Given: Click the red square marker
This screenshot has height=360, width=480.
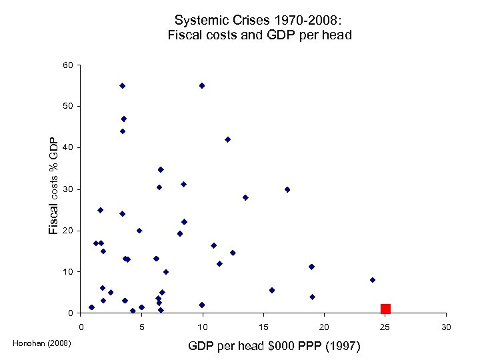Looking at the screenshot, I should pyautogui.click(x=385, y=309).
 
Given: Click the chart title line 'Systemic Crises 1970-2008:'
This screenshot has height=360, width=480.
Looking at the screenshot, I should pyautogui.click(x=259, y=20).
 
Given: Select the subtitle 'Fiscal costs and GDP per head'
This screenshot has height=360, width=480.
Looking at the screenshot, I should pyautogui.click(x=259, y=35).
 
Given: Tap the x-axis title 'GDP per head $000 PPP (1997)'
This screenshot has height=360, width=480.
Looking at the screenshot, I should pyautogui.click(x=274, y=346).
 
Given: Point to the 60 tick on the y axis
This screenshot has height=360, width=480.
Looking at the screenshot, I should pyautogui.click(x=69, y=65).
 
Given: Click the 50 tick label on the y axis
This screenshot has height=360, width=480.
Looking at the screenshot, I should pyautogui.click(x=69, y=106).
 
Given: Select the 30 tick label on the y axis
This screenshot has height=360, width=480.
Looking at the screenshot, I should pyautogui.click(x=69, y=190).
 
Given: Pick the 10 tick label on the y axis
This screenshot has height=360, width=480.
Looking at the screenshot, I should pyautogui.click(x=69, y=272).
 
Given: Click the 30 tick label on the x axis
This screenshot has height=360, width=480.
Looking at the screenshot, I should pyautogui.click(x=446, y=327).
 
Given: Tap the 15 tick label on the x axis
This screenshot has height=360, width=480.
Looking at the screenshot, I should pyautogui.click(x=263, y=327).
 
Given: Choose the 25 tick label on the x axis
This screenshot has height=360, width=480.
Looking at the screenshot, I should pyautogui.click(x=385, y=327).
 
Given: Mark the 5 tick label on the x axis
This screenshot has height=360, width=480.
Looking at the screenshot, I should pyautogui.click(x=141, y=327).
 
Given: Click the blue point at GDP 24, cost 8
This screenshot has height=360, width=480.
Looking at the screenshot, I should pyautogui.click(x=373, y=280).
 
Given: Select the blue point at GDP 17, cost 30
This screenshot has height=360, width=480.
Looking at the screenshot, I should pyautogui.click(x=287, y=189).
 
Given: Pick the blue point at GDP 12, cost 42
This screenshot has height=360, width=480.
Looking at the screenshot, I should pyautogui.click(x=227, y=139).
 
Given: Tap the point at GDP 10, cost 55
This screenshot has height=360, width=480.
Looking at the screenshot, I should pyautogui.click(x=202, y=85).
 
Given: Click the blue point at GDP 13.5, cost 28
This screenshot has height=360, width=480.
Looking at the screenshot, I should pyautogui.click(x=245, y=197).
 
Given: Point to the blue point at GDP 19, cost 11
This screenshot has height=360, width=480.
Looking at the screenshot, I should pyautogui.click(x=311, y=267).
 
